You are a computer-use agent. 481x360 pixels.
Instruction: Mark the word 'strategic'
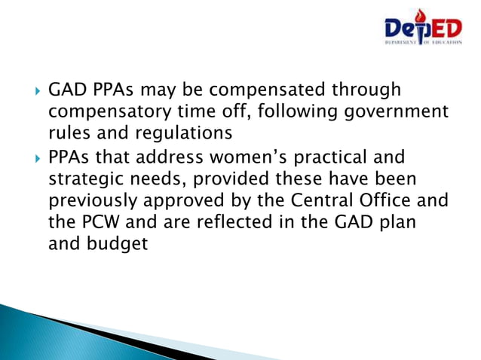[x=88, y=181]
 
